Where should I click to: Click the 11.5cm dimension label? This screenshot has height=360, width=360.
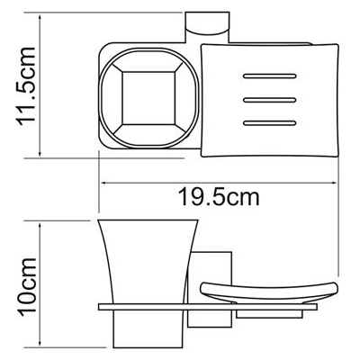pos(26,86)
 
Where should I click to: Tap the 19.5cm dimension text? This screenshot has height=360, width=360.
pos(219,197)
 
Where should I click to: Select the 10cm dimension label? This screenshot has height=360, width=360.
pos(27,287)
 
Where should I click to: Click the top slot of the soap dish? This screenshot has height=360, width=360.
pos(270,76)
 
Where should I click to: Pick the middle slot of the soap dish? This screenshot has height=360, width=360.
pos(270,100)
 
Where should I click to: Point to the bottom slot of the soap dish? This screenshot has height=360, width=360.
pos(270,123)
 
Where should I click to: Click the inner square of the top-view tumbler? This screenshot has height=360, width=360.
pos(148,98)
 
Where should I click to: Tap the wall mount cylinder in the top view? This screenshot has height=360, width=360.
pos(207,28)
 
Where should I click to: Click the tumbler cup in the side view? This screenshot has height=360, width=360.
pos(148,262)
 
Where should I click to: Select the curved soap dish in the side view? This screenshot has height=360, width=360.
pos(269,292)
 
